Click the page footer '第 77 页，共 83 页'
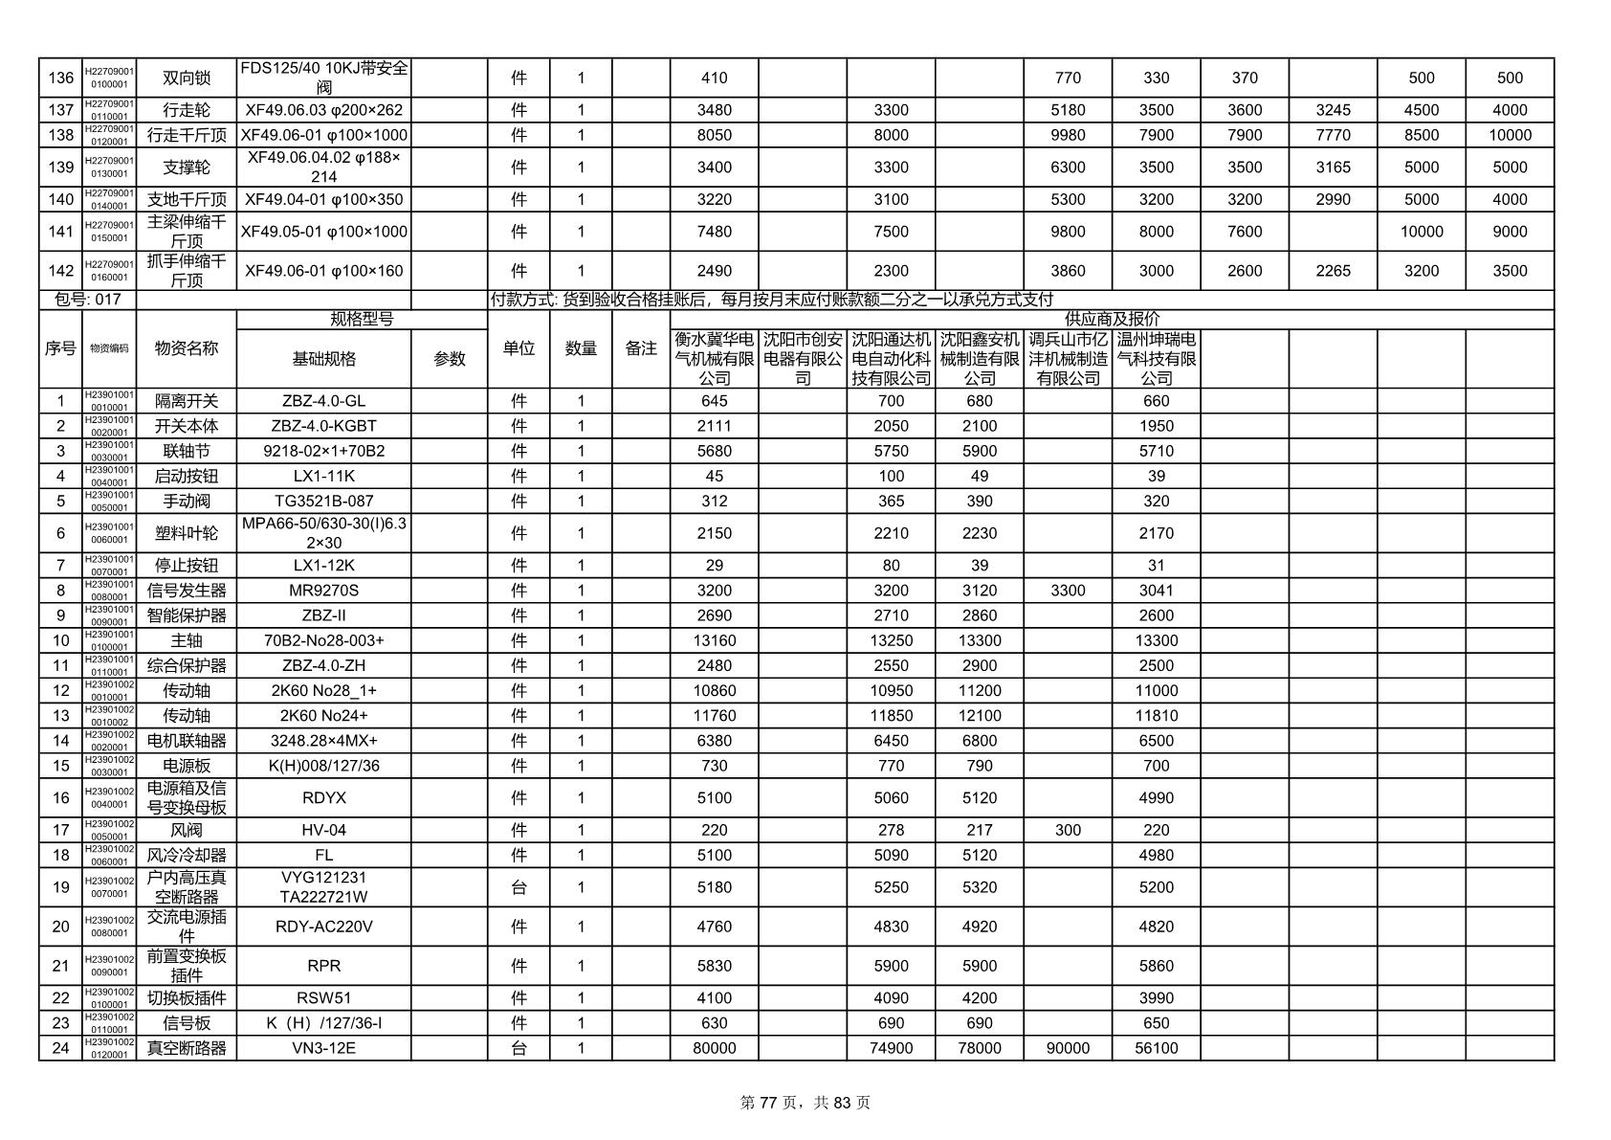(805, 1103)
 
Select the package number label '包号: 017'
(88, 300)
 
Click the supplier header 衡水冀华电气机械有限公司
(714, 359)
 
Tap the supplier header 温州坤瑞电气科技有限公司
(1156, 359)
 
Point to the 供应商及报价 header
(1112, 319)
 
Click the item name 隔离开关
(187, 401)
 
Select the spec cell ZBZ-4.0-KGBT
(323, 426)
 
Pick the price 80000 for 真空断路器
(714, 1048)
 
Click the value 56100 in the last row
(1156, 1048)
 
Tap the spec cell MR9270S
(323, 591)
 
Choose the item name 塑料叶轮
(187, 533)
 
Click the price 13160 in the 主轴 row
(714, 640)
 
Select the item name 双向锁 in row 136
(187, 78)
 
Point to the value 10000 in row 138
(1510, 135)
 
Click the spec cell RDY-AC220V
(323, 927)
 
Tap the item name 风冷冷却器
(187, 855)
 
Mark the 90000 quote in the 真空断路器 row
(1068, 1048)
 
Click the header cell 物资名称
(187, 348)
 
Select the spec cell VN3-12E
(323, 1048)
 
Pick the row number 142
(60, 271)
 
